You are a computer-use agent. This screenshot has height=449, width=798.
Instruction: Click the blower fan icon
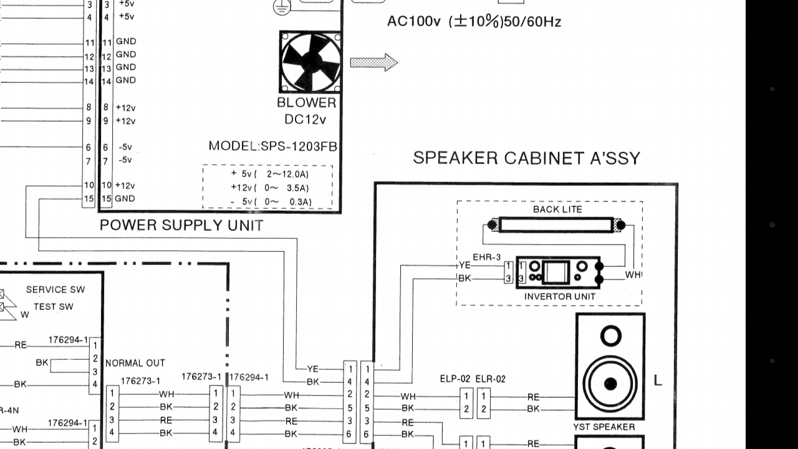(310, 62)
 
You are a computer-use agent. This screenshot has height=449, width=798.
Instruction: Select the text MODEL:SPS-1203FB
(272, 147)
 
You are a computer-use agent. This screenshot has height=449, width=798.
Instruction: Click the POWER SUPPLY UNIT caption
(181, 225)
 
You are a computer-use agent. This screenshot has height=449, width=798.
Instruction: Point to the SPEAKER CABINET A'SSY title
(526, 158)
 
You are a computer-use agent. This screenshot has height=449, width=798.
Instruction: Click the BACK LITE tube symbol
(555, 224)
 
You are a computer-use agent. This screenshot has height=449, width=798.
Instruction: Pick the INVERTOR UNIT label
(559, 297)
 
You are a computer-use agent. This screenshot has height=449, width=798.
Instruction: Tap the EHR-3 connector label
(486, 257)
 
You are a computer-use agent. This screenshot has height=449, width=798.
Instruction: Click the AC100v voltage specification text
(474, 22)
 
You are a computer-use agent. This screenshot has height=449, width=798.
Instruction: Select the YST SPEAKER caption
(603, 427)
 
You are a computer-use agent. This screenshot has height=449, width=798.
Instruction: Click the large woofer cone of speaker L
(610, 383)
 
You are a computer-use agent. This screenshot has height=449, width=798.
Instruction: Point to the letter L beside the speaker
(658, 380)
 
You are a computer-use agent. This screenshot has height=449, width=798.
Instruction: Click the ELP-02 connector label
(454, 379)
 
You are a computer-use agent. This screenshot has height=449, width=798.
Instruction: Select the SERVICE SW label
(55, 289)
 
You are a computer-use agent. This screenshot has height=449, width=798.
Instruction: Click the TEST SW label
(53, 307)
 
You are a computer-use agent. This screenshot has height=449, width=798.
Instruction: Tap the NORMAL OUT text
(135, 363)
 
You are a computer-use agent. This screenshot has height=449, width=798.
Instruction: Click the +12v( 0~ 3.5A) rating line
(269, 188)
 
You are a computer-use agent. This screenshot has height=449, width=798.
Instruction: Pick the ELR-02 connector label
(490, 379)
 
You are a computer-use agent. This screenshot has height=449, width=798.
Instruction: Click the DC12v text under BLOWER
(305, 120)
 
